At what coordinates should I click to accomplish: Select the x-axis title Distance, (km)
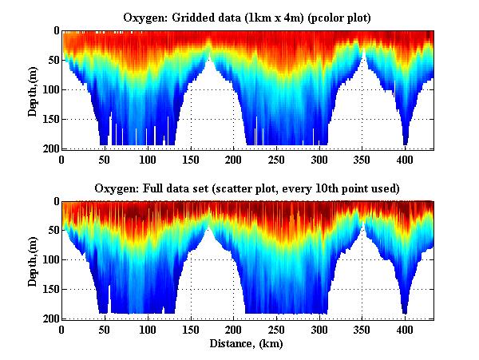[x=247, y=344]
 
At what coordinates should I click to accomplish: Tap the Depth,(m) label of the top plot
[x=33, y=89]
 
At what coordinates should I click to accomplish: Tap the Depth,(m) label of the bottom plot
[x=33, y=259]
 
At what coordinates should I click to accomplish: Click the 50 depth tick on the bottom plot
[x=51, y=231]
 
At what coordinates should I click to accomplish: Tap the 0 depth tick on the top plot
[x=54, y=31]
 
